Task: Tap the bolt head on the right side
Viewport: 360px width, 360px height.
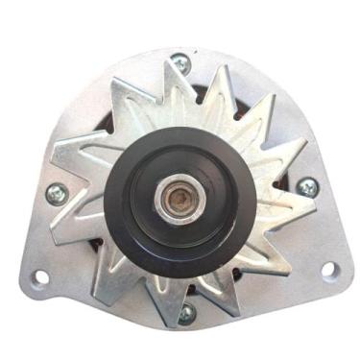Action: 307,186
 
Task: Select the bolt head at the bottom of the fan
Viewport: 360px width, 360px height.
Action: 186,313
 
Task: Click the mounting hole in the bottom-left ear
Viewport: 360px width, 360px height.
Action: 40,277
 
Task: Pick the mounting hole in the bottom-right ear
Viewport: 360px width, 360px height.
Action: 328,271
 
